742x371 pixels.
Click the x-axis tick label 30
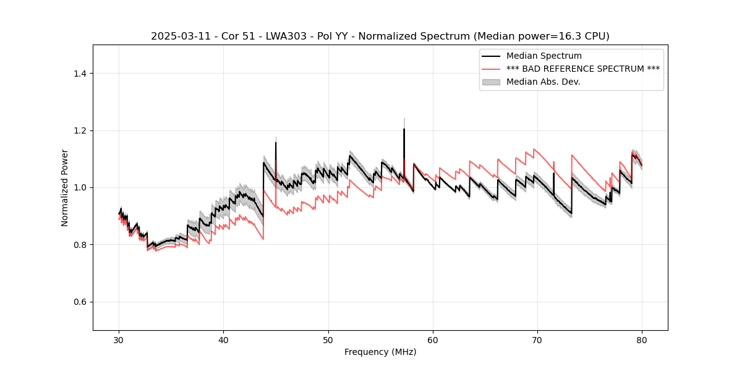[x=119, y=340]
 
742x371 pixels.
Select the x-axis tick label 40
[x=224, y=340]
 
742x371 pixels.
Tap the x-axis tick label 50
[x=328, y=340]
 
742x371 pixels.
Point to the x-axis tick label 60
[x=433, y=340]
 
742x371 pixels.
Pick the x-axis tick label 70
[x=537, y=340]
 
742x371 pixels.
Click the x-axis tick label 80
[x=642, y=340]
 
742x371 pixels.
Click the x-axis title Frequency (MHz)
[x=380, y=352]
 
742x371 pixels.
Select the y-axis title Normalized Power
[x=65, y=187]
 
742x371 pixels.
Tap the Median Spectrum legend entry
[x=544, y=56]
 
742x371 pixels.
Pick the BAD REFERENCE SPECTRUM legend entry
[x=582, y=69]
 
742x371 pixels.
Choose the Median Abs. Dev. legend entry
[x=543, y=82]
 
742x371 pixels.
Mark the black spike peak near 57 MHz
[x=404, y=129]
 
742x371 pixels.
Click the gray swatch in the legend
[x=491, y=82]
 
